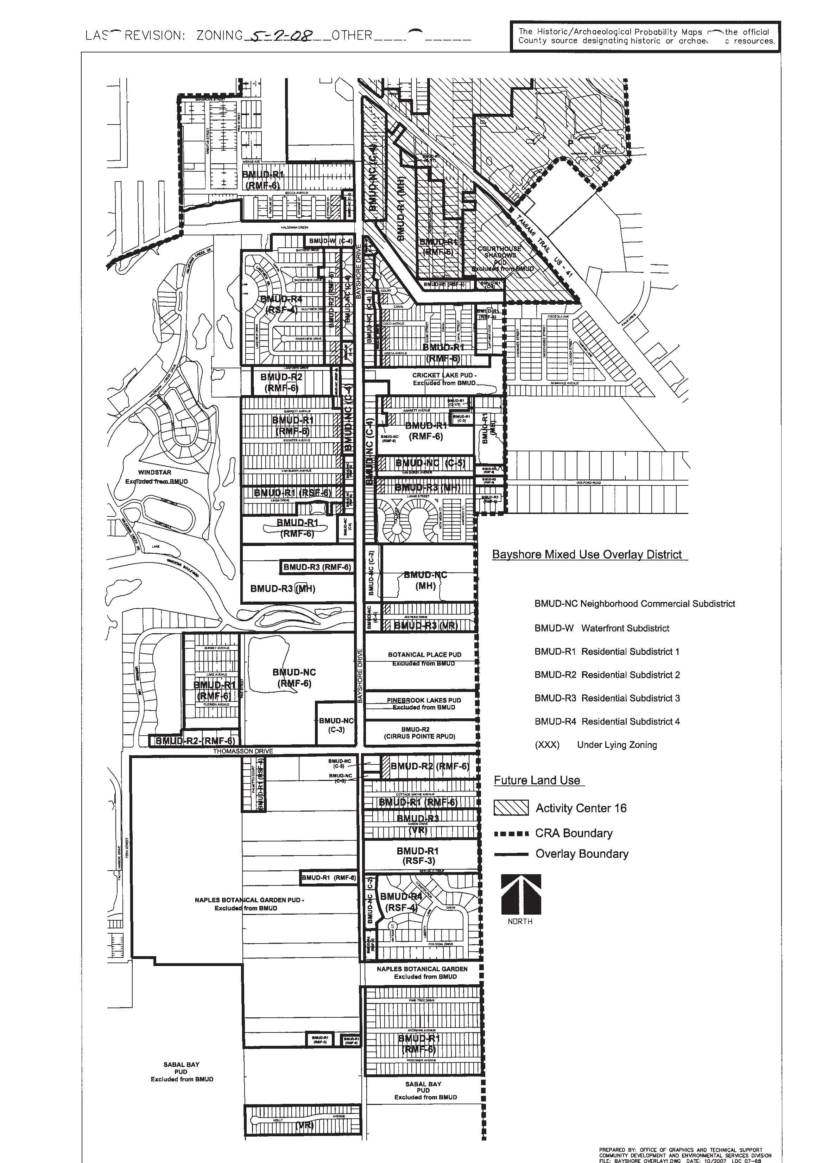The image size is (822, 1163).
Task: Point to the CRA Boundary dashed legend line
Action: pyautogui.click(x=511, y=834)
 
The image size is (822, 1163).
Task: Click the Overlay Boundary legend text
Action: pyautogui.click(x=582, y=854)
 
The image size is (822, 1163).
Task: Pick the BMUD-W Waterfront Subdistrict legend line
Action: pyautogui.click(x=602, y=628)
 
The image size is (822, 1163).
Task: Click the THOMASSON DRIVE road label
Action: pyautogui.click(x=243, y=751)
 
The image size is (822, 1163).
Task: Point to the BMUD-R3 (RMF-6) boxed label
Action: pyautogui.click(x=317, y=567)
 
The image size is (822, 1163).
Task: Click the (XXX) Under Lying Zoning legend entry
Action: pyautogui.click(x=595, y=745)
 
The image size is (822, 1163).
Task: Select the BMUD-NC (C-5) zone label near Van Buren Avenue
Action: pyautogui.click(x=430, y=463)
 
